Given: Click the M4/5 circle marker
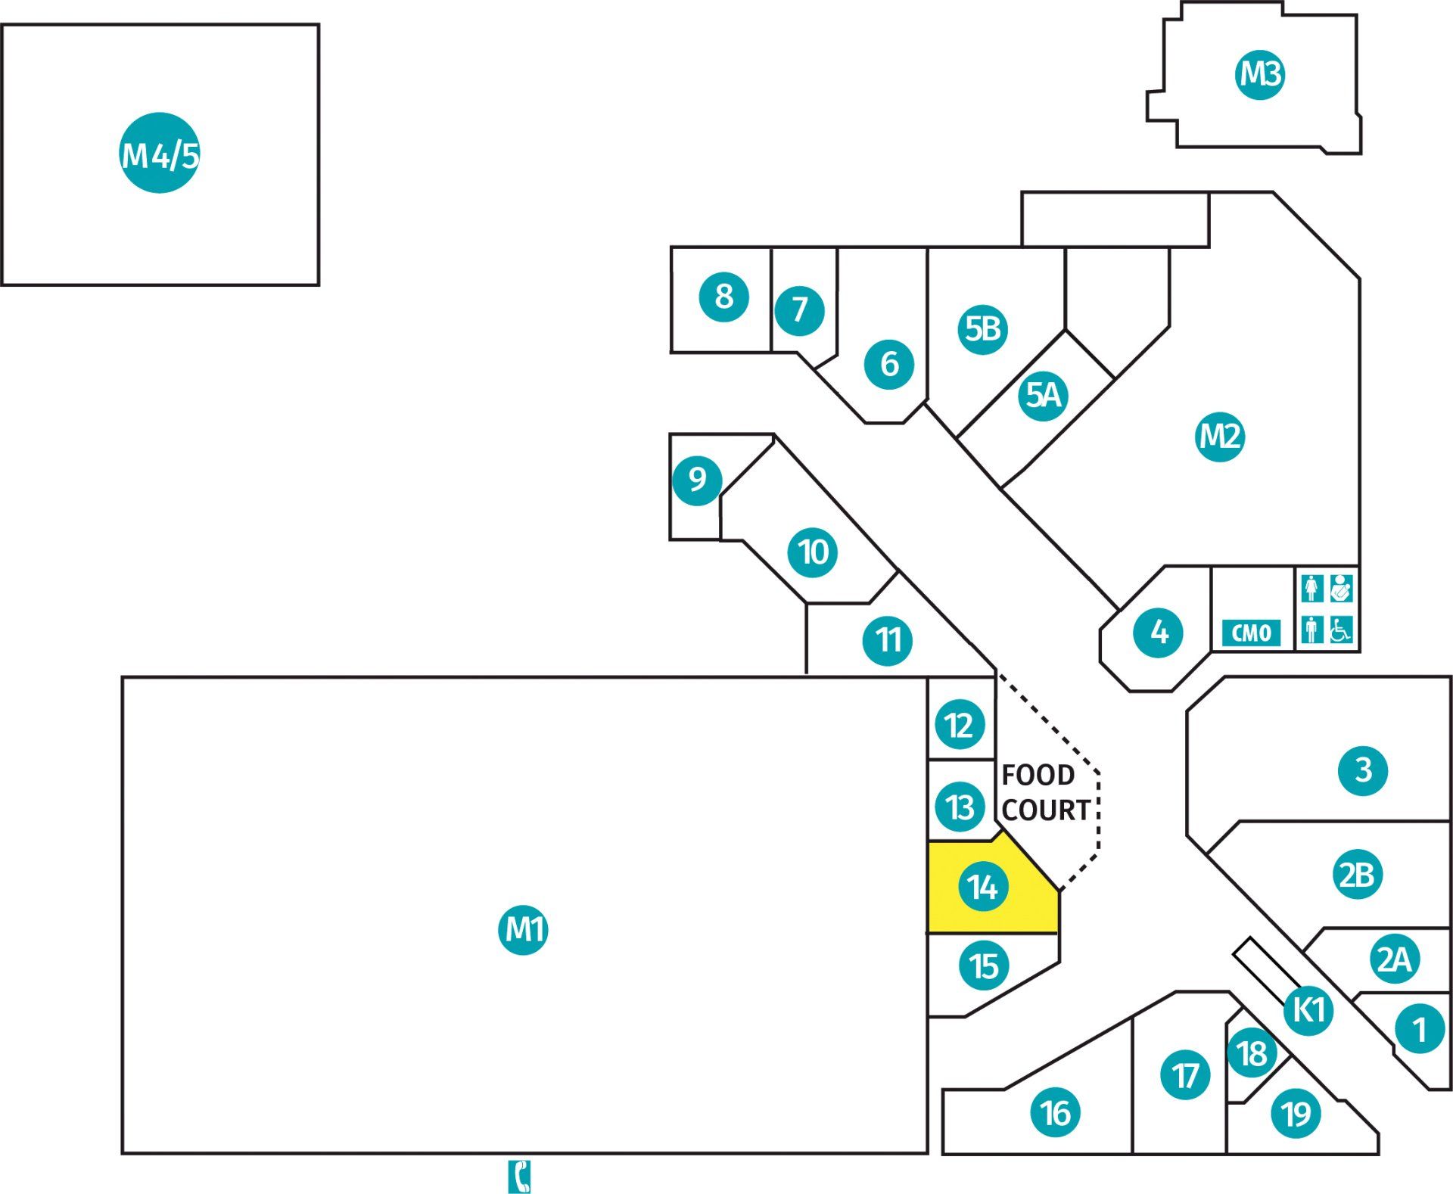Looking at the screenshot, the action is [160, 153].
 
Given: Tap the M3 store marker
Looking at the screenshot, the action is [1260, 74].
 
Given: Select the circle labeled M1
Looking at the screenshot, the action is [523, 929].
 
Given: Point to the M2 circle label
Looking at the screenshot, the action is [1220, 436].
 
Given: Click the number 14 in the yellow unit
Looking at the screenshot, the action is [982, 887].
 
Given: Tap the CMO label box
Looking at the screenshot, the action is [1252, 633].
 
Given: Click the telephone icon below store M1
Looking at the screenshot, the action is [519, 1177].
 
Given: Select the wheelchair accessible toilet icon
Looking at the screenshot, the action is [1341, 630].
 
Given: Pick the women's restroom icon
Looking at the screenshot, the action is [1312, 588].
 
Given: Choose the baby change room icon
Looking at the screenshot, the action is [1341, 588].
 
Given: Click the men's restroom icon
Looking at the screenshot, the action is [1312, 630].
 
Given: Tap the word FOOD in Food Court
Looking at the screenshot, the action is [1038, 775].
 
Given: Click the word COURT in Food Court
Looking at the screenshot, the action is [1046, 810].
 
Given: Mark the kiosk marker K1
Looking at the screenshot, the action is [1308, 1009].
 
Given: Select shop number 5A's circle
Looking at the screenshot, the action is [1043, 395].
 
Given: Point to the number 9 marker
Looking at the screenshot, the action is [697, 479].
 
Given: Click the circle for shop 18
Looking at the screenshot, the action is [1252, 1053].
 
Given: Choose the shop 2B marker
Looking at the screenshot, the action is [1357, 875].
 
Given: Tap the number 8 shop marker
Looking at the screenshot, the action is [723, 296].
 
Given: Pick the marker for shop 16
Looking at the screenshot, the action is [1056, 1112].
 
